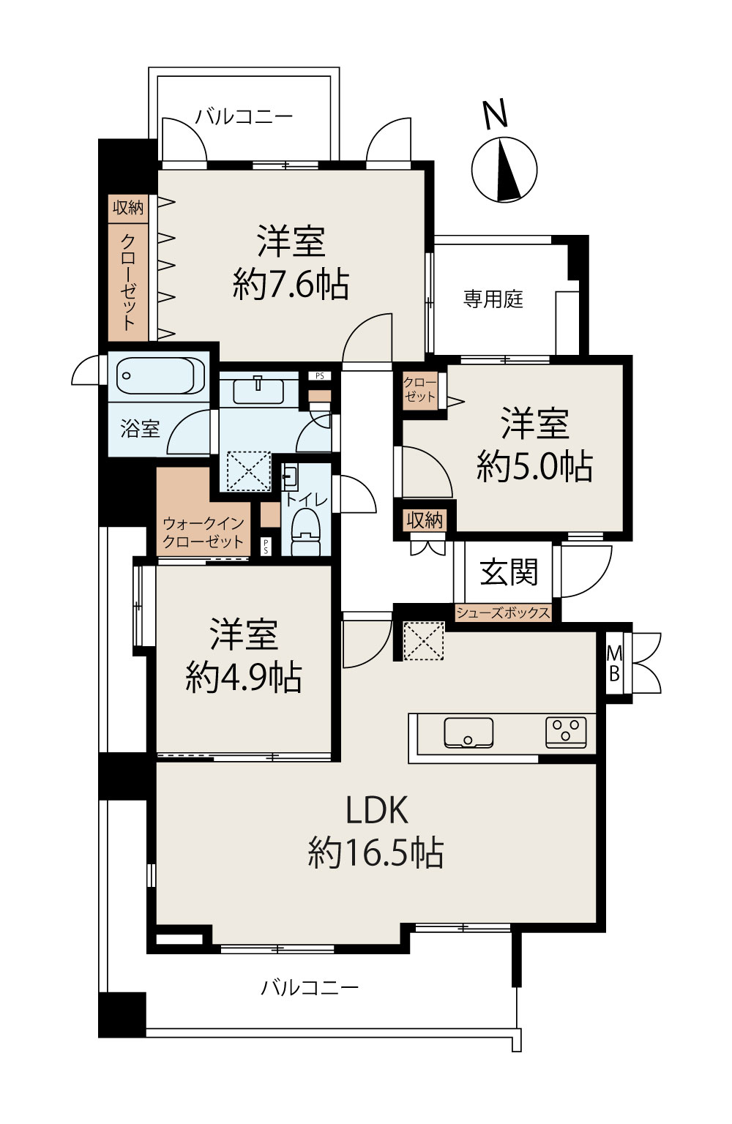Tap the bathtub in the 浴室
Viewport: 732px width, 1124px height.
160,375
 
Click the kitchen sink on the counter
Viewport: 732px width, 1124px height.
468,732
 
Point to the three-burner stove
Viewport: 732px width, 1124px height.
566,733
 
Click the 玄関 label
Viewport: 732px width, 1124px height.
508,572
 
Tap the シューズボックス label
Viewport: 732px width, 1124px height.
503,612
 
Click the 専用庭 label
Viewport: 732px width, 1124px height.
493,299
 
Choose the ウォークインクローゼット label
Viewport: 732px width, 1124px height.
203,533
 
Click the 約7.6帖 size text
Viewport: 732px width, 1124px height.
291,285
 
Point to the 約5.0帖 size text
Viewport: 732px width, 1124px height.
534,466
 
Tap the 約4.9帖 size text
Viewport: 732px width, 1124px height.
244,677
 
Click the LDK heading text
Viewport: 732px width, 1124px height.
376,810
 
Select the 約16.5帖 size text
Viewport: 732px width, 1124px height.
376,853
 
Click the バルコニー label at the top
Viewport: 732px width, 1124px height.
244,117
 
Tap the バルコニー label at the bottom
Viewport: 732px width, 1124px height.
310,987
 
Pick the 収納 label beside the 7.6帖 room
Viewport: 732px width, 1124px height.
128,207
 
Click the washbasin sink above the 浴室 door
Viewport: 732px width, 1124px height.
258,391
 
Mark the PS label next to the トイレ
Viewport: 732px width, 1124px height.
266,547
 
